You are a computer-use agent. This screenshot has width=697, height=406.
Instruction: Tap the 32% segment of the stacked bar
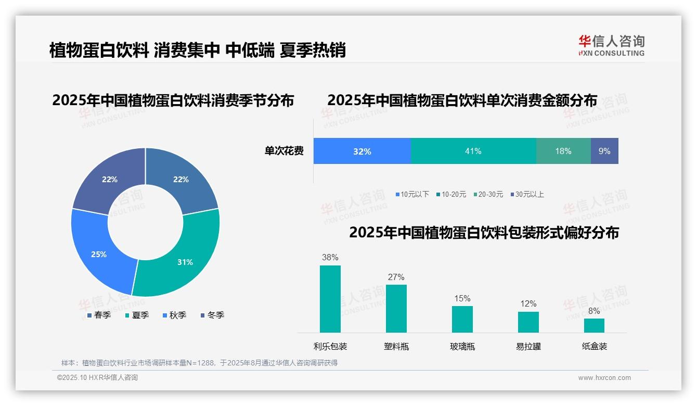[362, 151]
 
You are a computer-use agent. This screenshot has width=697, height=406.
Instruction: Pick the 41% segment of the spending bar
[473, 151]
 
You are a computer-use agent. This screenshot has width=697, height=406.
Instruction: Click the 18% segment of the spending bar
[563, 151]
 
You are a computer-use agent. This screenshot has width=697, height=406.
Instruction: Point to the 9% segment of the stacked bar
[604, 151]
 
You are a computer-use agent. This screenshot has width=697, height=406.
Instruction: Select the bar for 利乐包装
[330, 299]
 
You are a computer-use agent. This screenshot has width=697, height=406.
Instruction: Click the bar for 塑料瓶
[396, 308]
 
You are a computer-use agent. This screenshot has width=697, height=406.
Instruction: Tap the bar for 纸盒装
[594, 325]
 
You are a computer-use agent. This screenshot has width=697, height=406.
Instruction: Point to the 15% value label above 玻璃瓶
[462, 298]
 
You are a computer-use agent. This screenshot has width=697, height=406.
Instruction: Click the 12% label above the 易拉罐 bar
[528, 303]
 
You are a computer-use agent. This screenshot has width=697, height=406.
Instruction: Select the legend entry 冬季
[212, 315]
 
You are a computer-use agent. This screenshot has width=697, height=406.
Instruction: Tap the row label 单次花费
[284, 151]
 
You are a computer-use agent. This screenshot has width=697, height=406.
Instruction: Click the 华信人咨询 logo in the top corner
[611, 45]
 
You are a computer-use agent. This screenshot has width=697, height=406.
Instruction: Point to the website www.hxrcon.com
[604, 377]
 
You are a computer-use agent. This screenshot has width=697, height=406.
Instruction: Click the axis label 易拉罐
[528, 346]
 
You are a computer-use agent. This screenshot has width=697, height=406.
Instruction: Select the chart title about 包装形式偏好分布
[484, 232]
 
